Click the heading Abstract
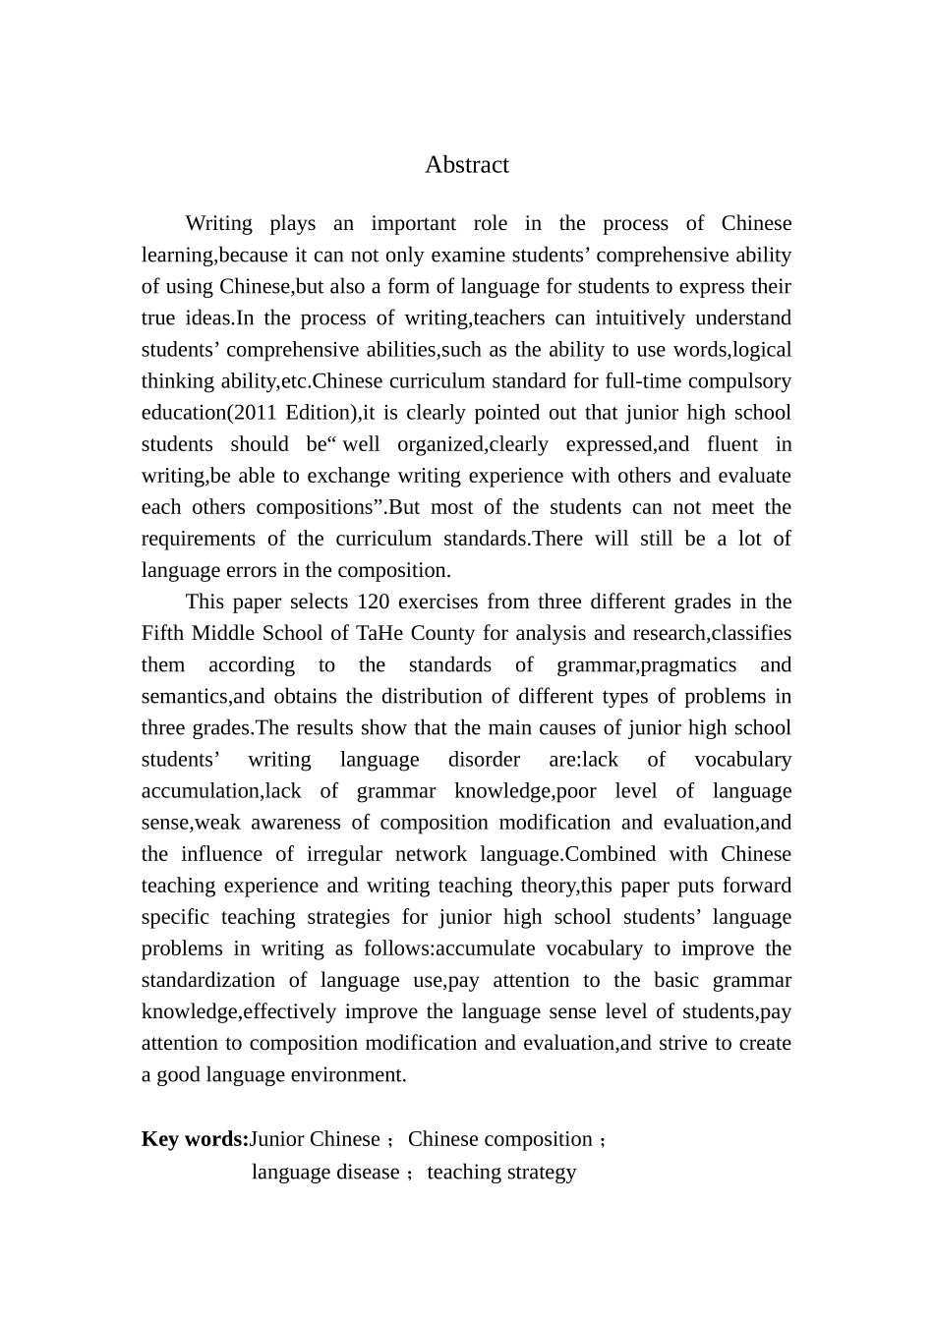466,165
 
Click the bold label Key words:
195,1139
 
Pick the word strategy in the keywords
542,1172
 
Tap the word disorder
484,760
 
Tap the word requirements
202,539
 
